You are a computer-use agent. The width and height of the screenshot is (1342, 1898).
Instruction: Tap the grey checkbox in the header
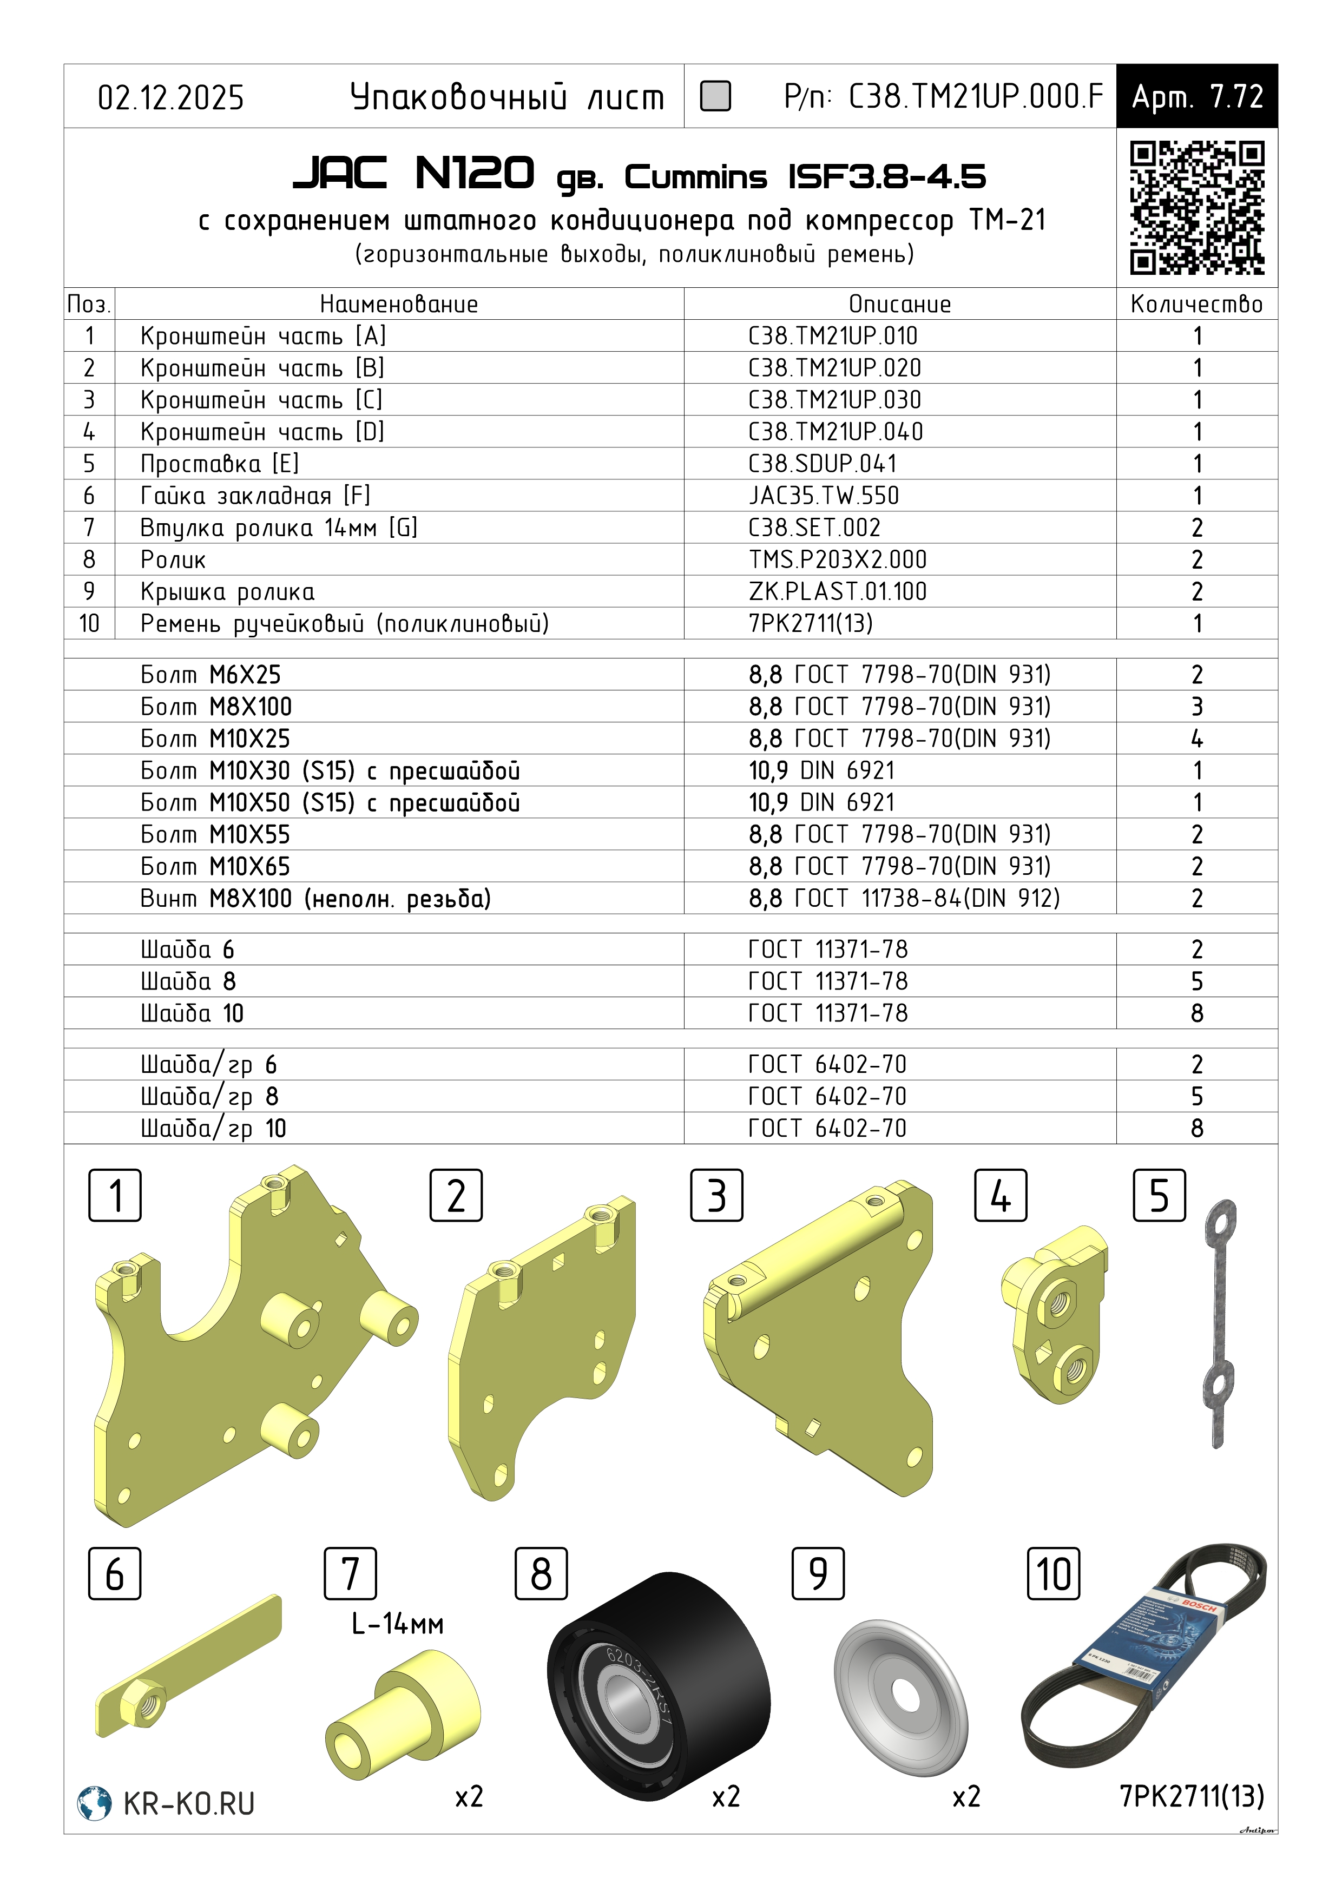pyautogui.click(x=715, y=96)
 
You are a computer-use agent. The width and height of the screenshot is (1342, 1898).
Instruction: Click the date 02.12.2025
pyautogui.click(x=171, y=97)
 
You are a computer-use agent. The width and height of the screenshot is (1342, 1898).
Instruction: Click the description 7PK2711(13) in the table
pyautogui.click(x=810, y=623)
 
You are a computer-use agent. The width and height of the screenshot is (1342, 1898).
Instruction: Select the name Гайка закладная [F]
pyautogui.click(x=255, y=496)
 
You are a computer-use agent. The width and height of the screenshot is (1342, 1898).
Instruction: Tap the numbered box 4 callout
pyautogui.click(x=1001, y=1195)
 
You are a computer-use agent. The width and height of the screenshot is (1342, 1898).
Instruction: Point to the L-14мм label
pyautogui.click(x=398, y=1624)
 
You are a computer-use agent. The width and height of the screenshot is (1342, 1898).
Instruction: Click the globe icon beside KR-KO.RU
pyautogui.click(x=94, y=1803)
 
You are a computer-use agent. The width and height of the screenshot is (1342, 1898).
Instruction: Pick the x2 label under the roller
pyautogui.click(x=726, y=1796)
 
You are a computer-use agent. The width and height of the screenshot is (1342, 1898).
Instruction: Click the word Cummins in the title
pyautogui.click(x=695, y=177)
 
